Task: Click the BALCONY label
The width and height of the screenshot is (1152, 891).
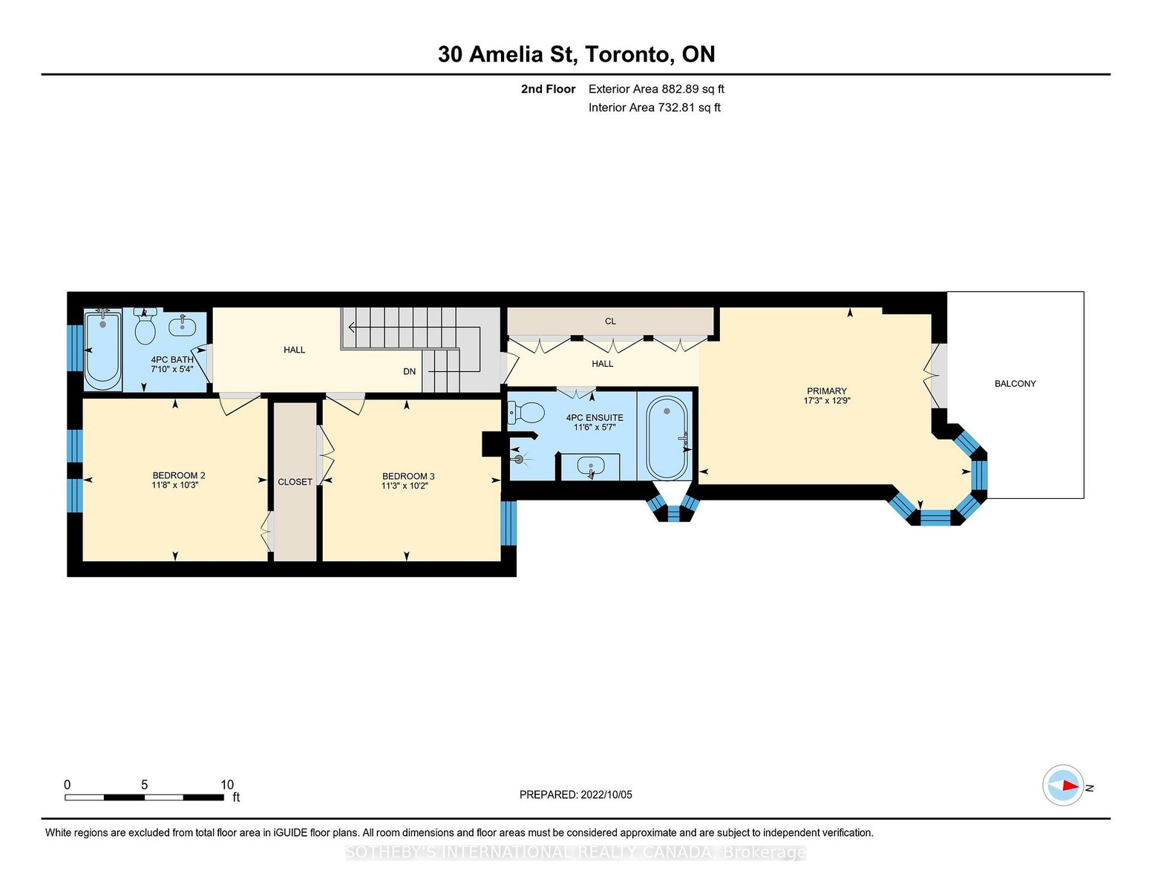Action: click(1015, 383)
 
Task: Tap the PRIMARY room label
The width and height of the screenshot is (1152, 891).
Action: click(826, 391)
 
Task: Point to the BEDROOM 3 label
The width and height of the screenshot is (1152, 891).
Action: click(408, 476)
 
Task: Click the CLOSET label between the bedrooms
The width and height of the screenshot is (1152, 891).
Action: click(295, 482)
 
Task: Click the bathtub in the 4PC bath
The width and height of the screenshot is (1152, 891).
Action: click(103, 349)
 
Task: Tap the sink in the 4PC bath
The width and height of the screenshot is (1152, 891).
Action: click(183, 325)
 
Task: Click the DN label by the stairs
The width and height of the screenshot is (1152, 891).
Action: click(409, 371)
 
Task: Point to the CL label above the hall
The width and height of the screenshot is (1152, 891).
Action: click(610, 322)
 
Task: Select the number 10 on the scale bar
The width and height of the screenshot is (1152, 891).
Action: click(227, 785)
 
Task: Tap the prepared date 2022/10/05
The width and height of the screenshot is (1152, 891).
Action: click(606, 794)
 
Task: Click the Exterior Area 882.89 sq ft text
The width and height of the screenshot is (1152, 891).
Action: click(655, 89)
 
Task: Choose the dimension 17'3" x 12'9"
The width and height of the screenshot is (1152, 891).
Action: click(826, 401)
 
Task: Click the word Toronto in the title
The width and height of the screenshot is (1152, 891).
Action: click(627, 54)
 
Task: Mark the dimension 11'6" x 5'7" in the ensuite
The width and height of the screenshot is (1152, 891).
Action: click(595, 427)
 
